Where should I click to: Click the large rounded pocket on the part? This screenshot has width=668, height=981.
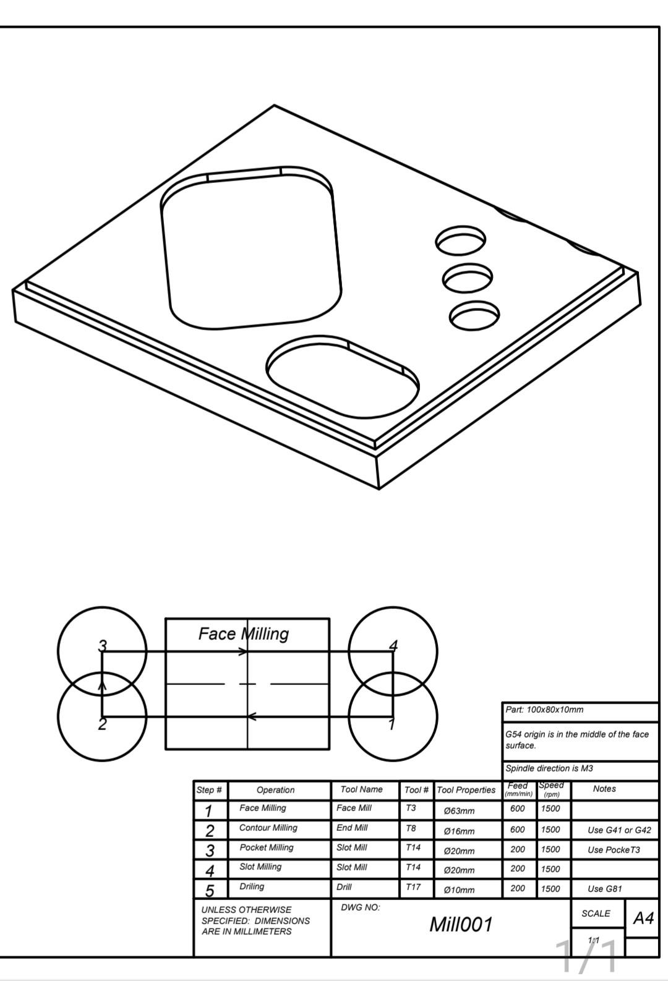pos(250,250)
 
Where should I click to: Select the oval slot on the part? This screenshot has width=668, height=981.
pos(342,377)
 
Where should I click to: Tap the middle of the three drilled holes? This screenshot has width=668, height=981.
pos(468,279)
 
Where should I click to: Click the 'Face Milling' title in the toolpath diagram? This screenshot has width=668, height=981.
pos(243,634)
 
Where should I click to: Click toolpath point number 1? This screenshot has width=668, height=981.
pos(391,724)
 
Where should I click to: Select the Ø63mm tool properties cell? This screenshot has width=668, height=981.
pos(459,810)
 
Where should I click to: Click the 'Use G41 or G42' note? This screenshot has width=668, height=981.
pos(619,830)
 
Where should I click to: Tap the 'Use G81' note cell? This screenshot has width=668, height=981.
pos(604,889)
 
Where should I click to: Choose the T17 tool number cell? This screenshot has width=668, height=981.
pos(413,888)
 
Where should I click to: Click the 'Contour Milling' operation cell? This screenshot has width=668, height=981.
pos(268,828)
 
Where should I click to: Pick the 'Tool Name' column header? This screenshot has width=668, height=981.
pos(361,789)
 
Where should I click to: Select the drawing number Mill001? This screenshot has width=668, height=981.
pos(461,925)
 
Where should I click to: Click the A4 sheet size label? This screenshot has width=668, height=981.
pos(643,918)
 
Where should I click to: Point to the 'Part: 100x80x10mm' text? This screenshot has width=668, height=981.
pos(544,710)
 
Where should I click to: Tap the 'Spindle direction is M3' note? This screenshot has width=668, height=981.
pos(549,768)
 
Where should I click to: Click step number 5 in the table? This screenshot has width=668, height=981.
pos(210,890)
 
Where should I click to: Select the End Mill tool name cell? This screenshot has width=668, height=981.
pos(352,828)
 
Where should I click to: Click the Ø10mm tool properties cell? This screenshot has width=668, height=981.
pos(459,890)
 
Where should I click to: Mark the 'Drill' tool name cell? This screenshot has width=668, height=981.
pos(344,887)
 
